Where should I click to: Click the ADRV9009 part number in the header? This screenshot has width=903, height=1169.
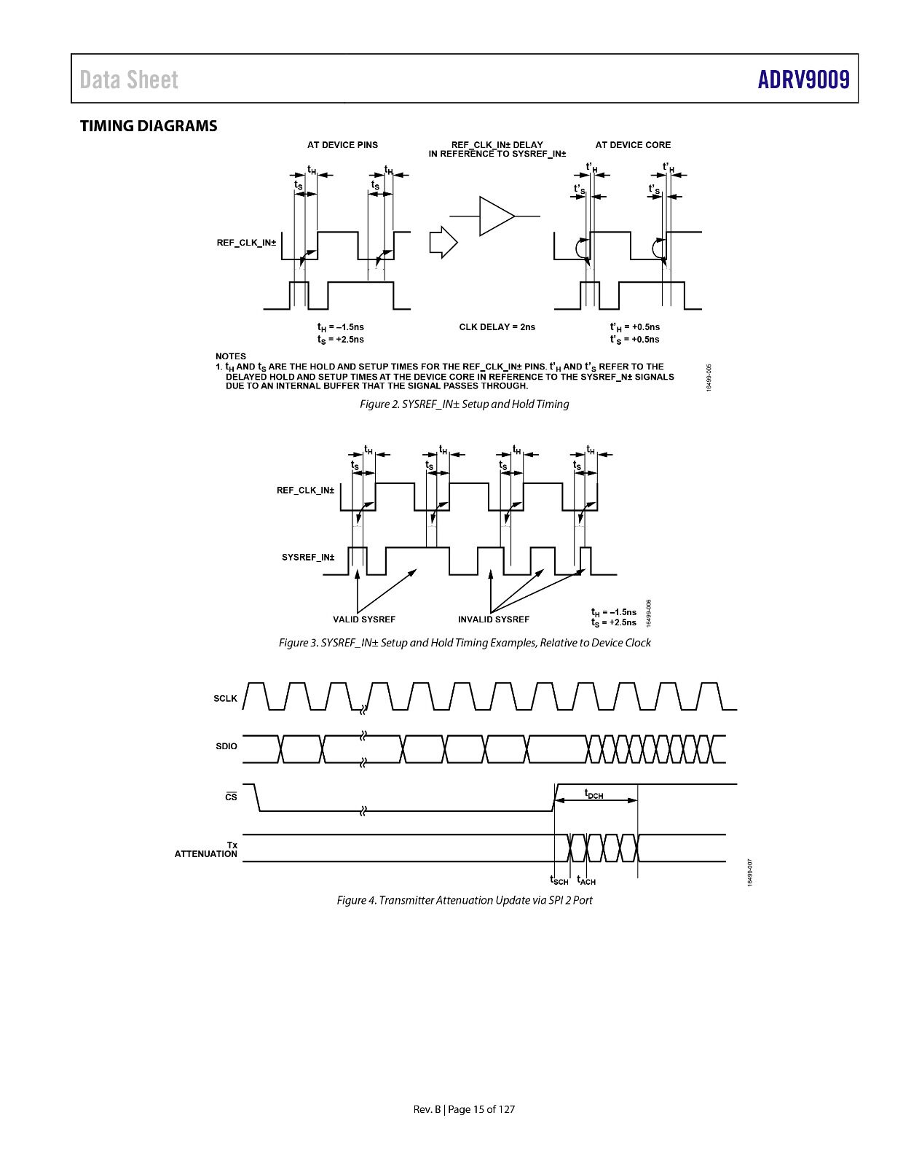point(803,79)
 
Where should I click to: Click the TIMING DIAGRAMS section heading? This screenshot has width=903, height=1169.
point(149,126)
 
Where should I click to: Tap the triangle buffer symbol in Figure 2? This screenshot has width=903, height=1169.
point(497,216)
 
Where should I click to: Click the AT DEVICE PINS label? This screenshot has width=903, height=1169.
point(342,145)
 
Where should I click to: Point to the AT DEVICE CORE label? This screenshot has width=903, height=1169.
point(633,145)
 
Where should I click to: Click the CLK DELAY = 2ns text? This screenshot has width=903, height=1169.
point(497,327)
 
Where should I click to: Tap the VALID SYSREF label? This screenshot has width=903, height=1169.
point(364,619)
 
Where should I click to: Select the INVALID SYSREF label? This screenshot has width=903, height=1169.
point(494,619)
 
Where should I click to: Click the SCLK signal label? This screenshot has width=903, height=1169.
point(225,698)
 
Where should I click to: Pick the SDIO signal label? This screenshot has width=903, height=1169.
point(226,746)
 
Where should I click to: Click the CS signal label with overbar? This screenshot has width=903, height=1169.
point(231,796)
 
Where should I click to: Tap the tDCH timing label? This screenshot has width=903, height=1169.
point(594,794)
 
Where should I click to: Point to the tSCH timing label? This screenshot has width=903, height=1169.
point(559,880)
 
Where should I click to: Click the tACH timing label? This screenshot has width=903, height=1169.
point(586,880)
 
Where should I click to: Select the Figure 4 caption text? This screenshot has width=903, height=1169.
point(465,900)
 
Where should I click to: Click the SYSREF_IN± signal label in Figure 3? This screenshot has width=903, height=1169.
point(308,558)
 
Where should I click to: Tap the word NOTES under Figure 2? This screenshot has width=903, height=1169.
point(231,356)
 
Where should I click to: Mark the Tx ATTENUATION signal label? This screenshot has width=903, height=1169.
point(206,850)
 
